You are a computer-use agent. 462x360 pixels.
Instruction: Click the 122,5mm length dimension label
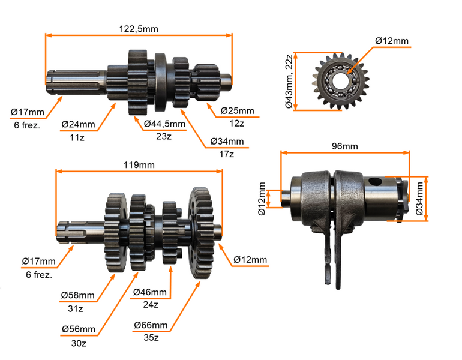139,28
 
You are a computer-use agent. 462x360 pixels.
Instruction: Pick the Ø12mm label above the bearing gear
392,41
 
